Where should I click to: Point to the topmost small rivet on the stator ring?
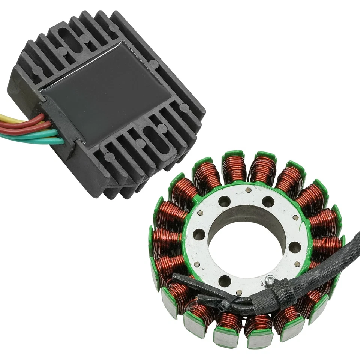(248, 190)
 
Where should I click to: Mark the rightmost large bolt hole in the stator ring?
(295, 247)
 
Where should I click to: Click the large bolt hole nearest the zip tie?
(225, 280)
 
